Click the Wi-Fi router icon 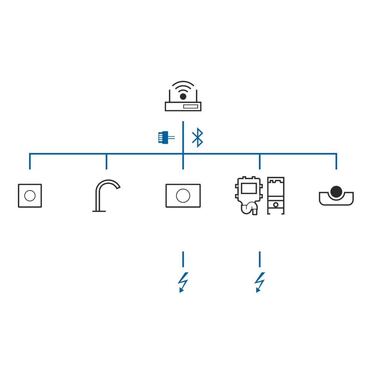tap(183, 97)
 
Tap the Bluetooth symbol tap(198, 138)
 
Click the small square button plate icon tap(30, 196)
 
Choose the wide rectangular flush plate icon tap(183, 196)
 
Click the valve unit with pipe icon tap(248, 195)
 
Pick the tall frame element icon tap(276, 195)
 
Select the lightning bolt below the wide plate tap(183, 283)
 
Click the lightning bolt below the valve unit tap(259, 283)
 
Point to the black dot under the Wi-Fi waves tap(183, 96)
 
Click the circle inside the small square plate tap(30, 196)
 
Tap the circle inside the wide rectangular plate tap(183, 196)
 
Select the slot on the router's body tap(191, 106)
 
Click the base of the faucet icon tap(99, 211)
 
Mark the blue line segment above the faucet tap(106, 161)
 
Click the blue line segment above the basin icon tap(336, 161)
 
